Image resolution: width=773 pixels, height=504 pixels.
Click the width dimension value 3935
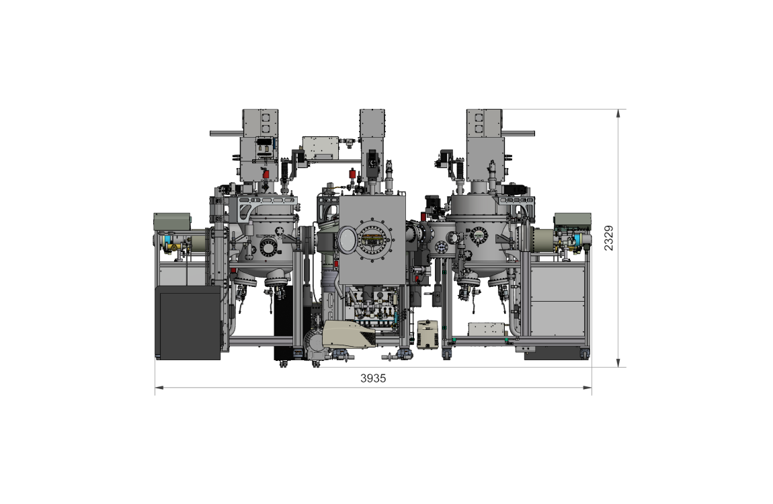tap(373, 378)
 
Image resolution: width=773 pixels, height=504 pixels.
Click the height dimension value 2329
tap(608, 238)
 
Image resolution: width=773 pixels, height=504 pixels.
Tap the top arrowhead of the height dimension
tap(618, 114)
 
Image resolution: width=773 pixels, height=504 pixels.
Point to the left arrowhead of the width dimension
tap(159, 387)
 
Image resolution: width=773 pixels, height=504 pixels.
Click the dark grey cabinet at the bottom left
tap(188, 323)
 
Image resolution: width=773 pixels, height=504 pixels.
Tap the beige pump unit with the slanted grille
tap(349, 333)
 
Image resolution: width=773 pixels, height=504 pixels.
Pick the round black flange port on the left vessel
tap(268, 249)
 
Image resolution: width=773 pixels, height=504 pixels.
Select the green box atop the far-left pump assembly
tap(172, 220)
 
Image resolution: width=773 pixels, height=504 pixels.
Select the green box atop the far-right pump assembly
tap(572, 219)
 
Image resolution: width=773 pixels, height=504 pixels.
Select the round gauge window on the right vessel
tap(479, 235)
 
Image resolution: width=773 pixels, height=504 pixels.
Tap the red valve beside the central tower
tap(353, 174)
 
